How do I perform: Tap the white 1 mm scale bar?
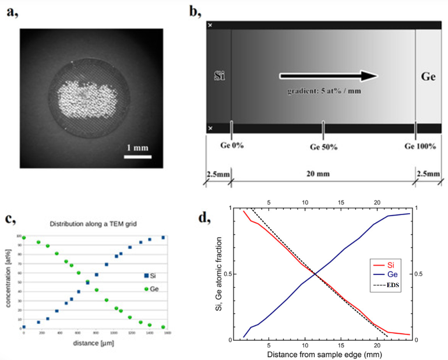pyautogui.click(x=139, y=156)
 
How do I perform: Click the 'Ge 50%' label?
pyautogui.click(x=323, y=146)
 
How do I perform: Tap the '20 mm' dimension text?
pyautogui.click(x=322, y=174)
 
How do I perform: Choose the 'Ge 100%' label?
pyautogui.click(x=420, y=146)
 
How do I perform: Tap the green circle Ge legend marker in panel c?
pyautogui.click(x=146, y=288)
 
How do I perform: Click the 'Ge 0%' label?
pyautogui.click(x=231, y=145)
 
